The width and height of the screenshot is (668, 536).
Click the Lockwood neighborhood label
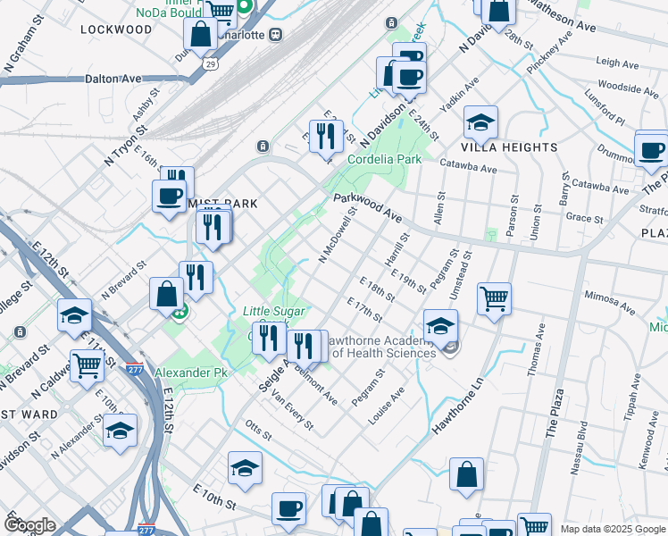tap(116, 29)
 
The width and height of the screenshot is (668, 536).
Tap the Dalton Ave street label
tap(113, 79)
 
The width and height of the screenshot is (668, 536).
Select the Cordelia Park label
tap(383, 159)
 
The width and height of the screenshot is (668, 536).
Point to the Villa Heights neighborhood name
tap(509, 147)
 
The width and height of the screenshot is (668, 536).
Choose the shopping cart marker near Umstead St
tap(494, 299)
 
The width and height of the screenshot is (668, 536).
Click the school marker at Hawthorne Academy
tap(440, 327)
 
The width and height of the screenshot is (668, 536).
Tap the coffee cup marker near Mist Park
tap(169, 197)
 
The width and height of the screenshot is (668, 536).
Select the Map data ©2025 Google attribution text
tap(613, 529)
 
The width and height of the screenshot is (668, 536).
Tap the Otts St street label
tap(258, 431)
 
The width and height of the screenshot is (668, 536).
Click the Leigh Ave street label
tap(617, 63)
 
